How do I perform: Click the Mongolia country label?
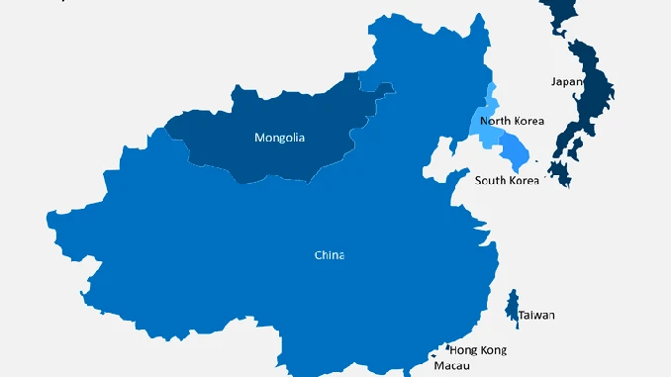point(279,138)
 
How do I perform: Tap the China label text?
point(330,255)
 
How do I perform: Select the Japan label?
point(566,82)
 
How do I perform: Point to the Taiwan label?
point(536,316)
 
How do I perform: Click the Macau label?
point(453,365)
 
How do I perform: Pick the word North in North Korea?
point(495,121)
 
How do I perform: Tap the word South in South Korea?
point(491,180)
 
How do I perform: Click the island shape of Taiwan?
point(512,306)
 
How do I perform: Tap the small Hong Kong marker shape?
point(446,347)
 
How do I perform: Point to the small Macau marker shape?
point(432,354)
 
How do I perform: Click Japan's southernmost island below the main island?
point(560,174)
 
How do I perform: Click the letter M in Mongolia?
point(259,138)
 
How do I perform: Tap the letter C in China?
point(319,255)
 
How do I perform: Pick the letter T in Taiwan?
point(522,316)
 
